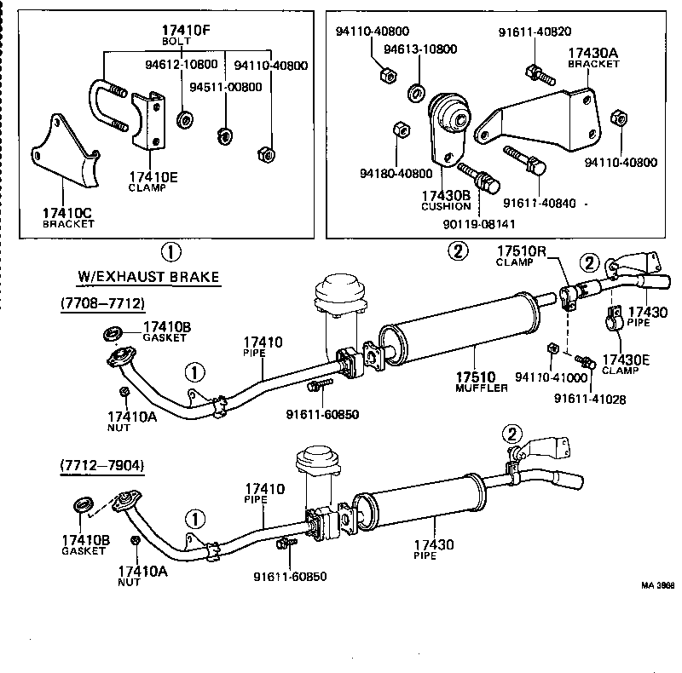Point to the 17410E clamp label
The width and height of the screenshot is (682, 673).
pyautogui.click(x=153, y=177)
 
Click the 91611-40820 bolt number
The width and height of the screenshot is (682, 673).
pyautogui.click(x=534, y=32)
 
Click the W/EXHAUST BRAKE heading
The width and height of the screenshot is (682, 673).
pyautogui.click(x=148, y=277)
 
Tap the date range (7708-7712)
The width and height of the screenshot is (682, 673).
pyautogui.click(x=103, y=303)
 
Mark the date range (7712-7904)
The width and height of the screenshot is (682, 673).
pyautogui.click(x=102, y=465)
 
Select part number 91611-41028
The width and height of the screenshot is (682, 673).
pyautogui.click(x=589, y=398)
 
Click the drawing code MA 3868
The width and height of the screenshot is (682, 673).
pyautogui.click(x=658, y=586)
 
